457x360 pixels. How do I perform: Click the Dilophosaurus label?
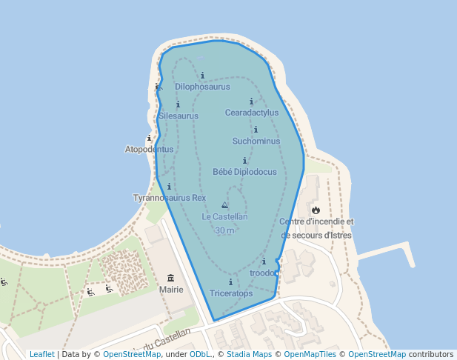(202, 87)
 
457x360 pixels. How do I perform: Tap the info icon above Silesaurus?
(178, 104)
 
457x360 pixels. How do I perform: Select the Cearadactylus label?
(252, 113)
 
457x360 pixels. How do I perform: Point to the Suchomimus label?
(256, 141)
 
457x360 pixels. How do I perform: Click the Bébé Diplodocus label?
(244, 172)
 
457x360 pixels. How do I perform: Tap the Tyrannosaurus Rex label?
(169, 198)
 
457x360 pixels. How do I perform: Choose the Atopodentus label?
(149, 149)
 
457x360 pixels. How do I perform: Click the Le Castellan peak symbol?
(224, 205)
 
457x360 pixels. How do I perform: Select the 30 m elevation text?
(224, 230)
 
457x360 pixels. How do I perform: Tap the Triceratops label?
(230, 293)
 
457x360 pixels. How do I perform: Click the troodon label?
(264, 273)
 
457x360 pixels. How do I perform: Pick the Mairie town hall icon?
(171, 278)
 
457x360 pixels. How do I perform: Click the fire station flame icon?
(316, 210)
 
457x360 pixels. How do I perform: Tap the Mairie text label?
(171, 290)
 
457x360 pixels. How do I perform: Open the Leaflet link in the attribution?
(41, 354)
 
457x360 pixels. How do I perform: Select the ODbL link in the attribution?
(200, 354)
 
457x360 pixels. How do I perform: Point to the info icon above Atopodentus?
(149, 138)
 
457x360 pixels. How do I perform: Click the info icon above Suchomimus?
(256, 130)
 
